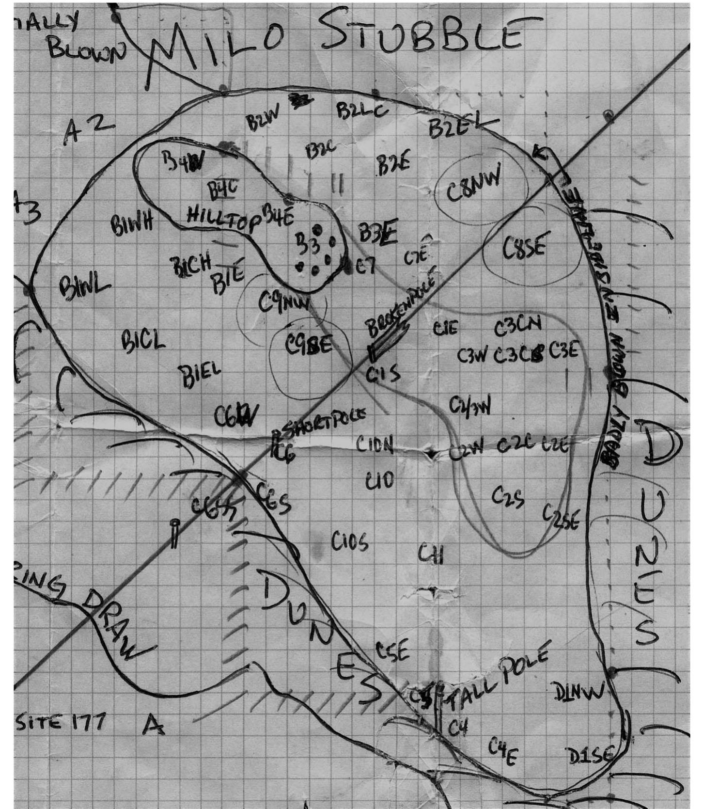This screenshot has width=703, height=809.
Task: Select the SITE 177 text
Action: click(61, 722)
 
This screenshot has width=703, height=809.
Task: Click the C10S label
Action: click(350, 541)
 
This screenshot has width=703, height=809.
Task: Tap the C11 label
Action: click(431, 554)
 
